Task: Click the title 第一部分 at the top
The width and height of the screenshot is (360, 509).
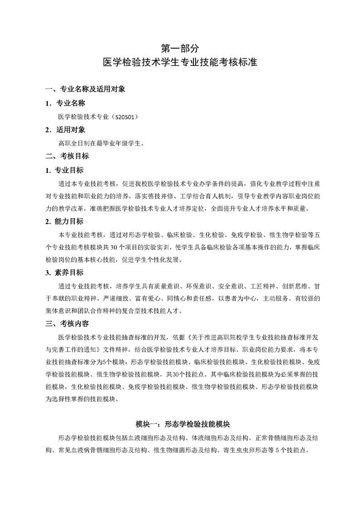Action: point(180,47)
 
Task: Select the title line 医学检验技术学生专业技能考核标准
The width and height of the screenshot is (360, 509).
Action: point(180,62)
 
